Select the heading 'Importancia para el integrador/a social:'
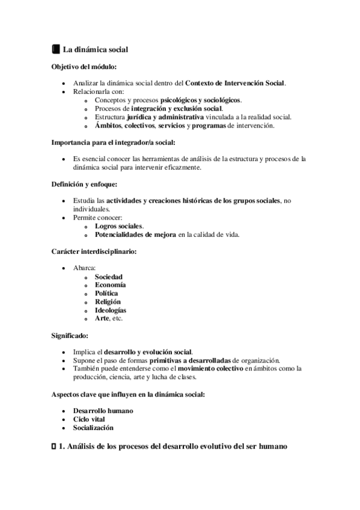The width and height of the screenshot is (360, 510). (112, 143)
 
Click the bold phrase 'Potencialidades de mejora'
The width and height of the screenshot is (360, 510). (135, 235)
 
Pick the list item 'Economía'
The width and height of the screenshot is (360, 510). (110, 284)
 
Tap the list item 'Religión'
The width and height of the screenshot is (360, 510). (108, 301)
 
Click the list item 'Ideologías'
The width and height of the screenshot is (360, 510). (111, 310)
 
